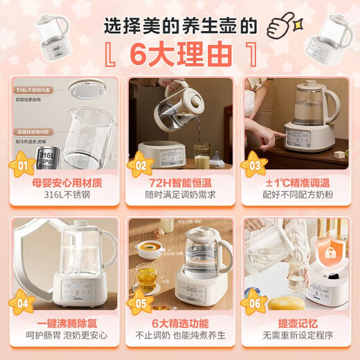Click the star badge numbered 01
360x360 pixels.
click(22, 166)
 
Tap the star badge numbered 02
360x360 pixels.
click(140, 165)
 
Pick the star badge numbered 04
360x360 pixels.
click(22, 302)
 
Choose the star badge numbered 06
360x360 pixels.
click(254, 302)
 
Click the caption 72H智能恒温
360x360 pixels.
click(179, 183)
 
